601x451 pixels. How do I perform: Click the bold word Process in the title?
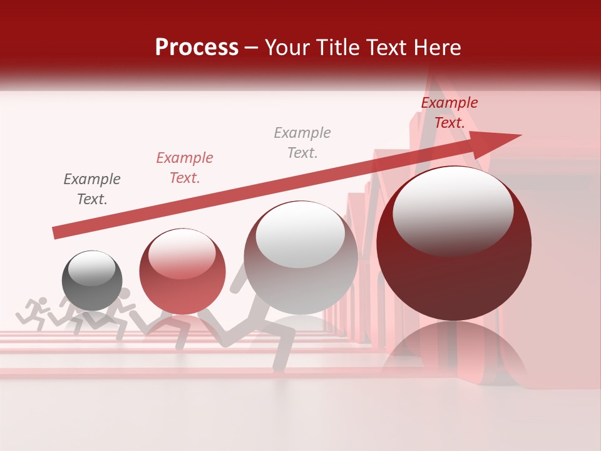197,47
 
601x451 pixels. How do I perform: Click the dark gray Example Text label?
92,189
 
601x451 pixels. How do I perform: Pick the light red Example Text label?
184,168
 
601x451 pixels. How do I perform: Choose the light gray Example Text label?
302,143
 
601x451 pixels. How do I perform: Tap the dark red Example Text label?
449,113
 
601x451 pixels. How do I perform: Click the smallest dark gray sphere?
92,281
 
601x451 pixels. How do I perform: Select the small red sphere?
182,271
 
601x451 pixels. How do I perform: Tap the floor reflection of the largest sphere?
454,351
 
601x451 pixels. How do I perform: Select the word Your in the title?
285,48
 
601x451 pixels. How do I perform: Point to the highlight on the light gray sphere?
300,233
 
